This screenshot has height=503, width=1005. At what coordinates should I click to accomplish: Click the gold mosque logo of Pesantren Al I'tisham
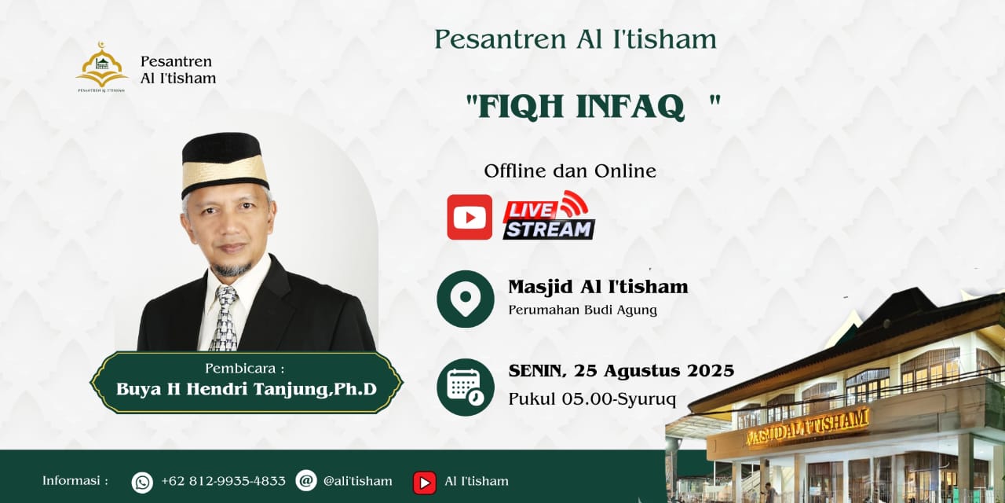tap(101, 67)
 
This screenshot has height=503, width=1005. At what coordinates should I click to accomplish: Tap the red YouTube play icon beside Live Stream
tap(470, 217)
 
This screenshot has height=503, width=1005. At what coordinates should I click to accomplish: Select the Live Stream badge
tap(548, 215)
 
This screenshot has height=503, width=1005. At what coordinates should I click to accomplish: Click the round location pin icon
tap(466, 299)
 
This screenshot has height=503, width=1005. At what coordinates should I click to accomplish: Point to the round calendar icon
tap(466, 387)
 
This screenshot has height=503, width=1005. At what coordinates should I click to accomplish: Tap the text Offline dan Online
tap(570, 171)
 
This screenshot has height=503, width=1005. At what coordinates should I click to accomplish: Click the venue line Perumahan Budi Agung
tap(583, 310)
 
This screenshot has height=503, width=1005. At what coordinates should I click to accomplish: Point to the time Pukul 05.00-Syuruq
tap(592, 398)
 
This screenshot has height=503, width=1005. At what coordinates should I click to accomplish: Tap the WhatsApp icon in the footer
tap(142, 483)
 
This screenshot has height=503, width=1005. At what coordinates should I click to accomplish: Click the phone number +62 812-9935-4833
tap(223, 481)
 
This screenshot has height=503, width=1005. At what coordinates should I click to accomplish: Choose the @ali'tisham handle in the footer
tap(357, 481)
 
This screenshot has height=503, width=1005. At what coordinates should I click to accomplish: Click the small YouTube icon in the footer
tap(425, 483)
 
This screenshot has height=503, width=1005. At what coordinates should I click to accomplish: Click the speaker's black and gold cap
tap(225, 164)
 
